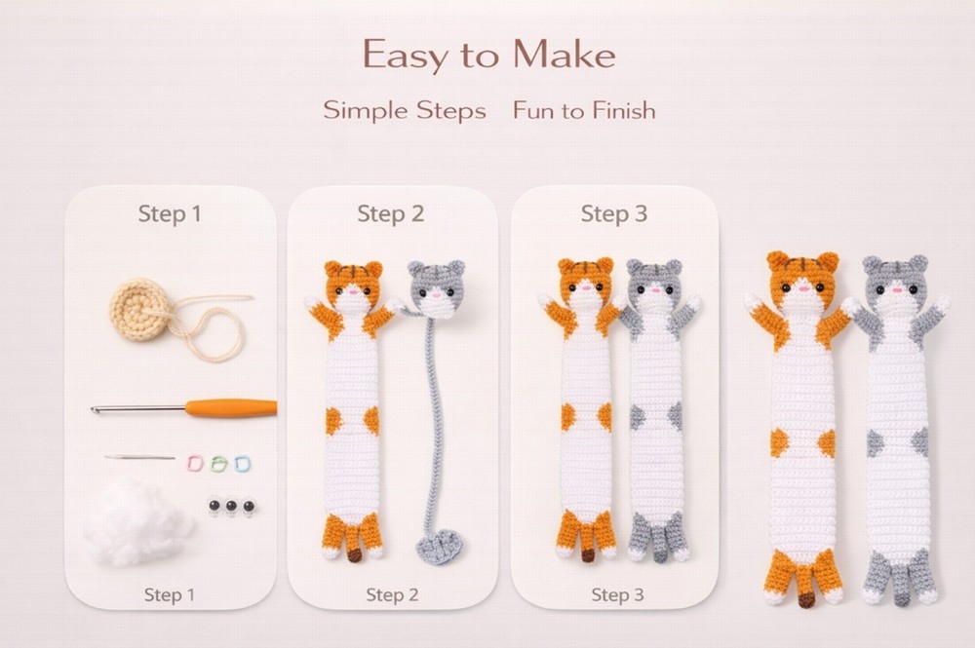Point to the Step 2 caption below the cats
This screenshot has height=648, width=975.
click(x=392, y=594)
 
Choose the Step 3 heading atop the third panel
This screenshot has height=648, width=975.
click(x=613, y=213)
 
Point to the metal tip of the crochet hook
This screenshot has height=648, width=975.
click(x=97, y=409)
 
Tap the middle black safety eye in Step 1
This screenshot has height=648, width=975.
click(x=230, y=506)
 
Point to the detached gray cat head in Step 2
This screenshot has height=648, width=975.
click(x=436, y=287)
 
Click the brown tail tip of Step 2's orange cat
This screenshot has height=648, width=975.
click(x=354, y=554)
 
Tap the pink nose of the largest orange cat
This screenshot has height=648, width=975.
click(x=801, y=288)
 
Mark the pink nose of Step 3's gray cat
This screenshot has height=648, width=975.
click(x=654, y=289)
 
